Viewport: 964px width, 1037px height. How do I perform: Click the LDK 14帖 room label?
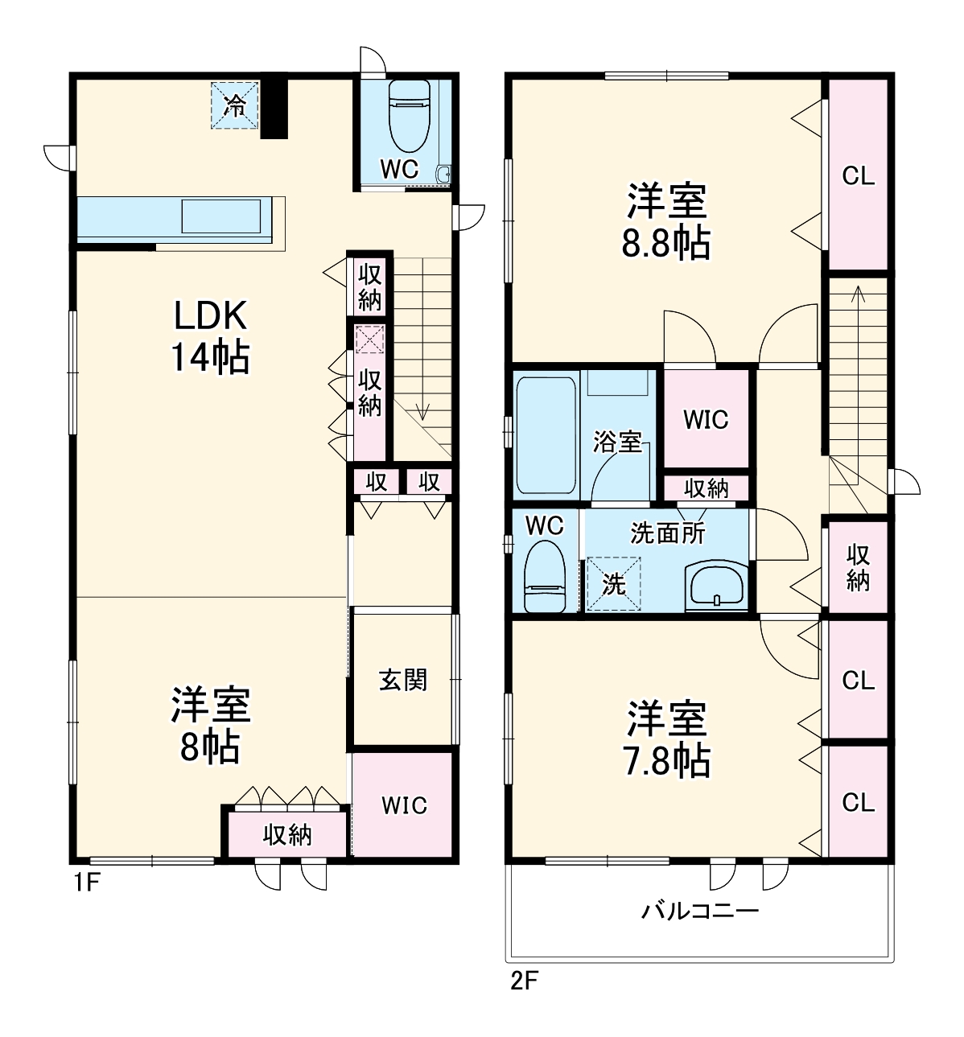211,337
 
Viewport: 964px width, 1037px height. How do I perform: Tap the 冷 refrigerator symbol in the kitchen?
235,105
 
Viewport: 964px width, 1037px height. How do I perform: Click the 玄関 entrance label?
403,680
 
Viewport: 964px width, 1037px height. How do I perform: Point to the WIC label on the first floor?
405,805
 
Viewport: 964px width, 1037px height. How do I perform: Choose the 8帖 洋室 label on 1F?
211,726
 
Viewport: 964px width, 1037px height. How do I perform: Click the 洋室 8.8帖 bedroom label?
665,220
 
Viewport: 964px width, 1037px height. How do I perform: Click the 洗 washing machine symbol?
614,583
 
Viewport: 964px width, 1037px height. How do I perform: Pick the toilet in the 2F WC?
545,576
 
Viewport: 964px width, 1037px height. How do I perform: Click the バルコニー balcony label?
699,911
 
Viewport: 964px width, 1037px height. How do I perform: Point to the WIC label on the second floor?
706,419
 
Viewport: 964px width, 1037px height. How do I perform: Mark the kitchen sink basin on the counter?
221,216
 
